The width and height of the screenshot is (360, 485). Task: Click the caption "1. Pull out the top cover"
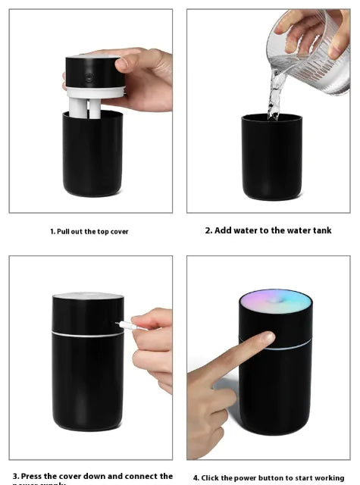89,231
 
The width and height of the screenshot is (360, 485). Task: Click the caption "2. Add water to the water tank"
268,230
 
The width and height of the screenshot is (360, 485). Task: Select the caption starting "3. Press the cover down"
92,477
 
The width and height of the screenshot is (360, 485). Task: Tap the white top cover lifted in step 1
95,77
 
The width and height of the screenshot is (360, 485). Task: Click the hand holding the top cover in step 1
144,76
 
